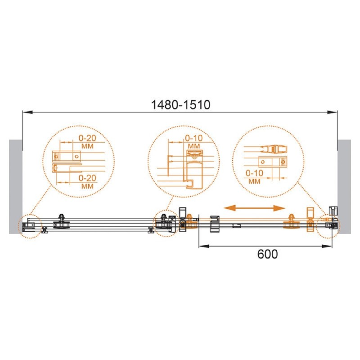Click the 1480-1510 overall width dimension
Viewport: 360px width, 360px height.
point(180,105)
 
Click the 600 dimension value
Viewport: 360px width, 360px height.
point(267,254)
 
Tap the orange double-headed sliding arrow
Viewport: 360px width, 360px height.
point(254,208)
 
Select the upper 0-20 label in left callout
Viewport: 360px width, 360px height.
point(87,138)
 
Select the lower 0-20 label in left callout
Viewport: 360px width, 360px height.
point(87,178)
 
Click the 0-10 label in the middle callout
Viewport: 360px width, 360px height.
point(194,138)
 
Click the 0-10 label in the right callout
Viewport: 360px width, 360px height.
point(254,173)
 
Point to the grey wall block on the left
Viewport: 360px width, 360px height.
point(16,187)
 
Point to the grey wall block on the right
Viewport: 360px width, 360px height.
point(344,187)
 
